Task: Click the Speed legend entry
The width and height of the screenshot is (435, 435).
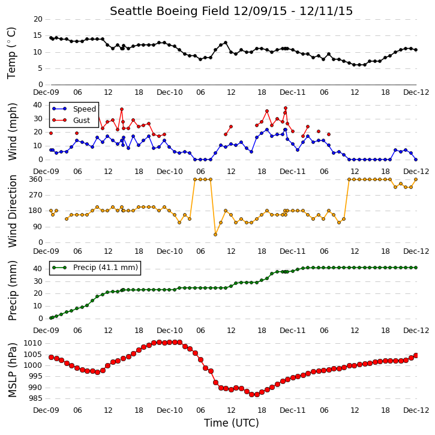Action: pyautogui.click(x=74, y=109)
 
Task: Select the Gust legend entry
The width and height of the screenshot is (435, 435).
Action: pyautogui.click(x=71, y=120)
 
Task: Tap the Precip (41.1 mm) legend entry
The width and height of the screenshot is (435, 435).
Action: pyautogui.click(x=95, y=268)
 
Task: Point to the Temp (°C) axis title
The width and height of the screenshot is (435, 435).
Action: pyautogui.click(x=11, y=53)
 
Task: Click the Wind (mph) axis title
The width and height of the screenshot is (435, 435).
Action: pyautogui.click(x=12, y=131)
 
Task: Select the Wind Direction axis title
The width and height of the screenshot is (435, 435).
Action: pyautogui.click(x=12, y=211)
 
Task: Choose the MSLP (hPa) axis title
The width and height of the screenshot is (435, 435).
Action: pyautogui.click(x=12, y=370)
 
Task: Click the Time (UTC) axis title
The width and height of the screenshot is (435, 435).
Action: pyautogui.click(x=232, y=423)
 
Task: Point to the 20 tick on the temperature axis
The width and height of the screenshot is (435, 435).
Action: pyautogui.click(x=38, y=19)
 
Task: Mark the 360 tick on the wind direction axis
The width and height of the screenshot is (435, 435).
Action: pyautogui.click(x=36, y=179)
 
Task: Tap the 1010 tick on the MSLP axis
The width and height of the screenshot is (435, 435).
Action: pyautogui.click(x=33, y=343)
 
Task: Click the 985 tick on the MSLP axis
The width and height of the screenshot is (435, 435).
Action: pyautogui.click(x=35, y=398)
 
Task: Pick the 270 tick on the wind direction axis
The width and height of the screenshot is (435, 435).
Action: pyautogui.click(x=36, y=195)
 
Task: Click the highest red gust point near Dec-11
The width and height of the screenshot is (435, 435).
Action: pyautogui.click(x=286, y=108)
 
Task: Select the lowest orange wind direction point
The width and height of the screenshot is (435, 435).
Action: pyautogui.click(x=215, y=235)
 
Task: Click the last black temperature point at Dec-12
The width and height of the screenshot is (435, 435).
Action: pyautogui.click(x=416, y=50)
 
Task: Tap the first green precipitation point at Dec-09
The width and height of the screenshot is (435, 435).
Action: pyautogui.click(x=51, y=318)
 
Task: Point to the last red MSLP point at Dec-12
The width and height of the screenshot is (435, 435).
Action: pyautogui.click(x=416, y=355)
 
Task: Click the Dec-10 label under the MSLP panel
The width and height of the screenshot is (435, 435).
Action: pyautogui.click(x=170, y=410)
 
